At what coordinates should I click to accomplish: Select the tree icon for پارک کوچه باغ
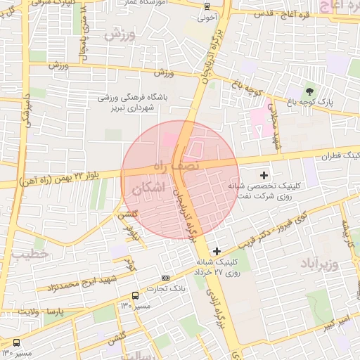coord(310,91)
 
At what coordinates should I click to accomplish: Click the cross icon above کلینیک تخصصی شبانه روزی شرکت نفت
coord(264,174)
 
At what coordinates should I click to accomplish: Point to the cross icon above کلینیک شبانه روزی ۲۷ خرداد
coord(217,251)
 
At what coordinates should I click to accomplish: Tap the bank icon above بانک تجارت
coord(165,277)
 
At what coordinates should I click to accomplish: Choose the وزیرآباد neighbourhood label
coord(320,264)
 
